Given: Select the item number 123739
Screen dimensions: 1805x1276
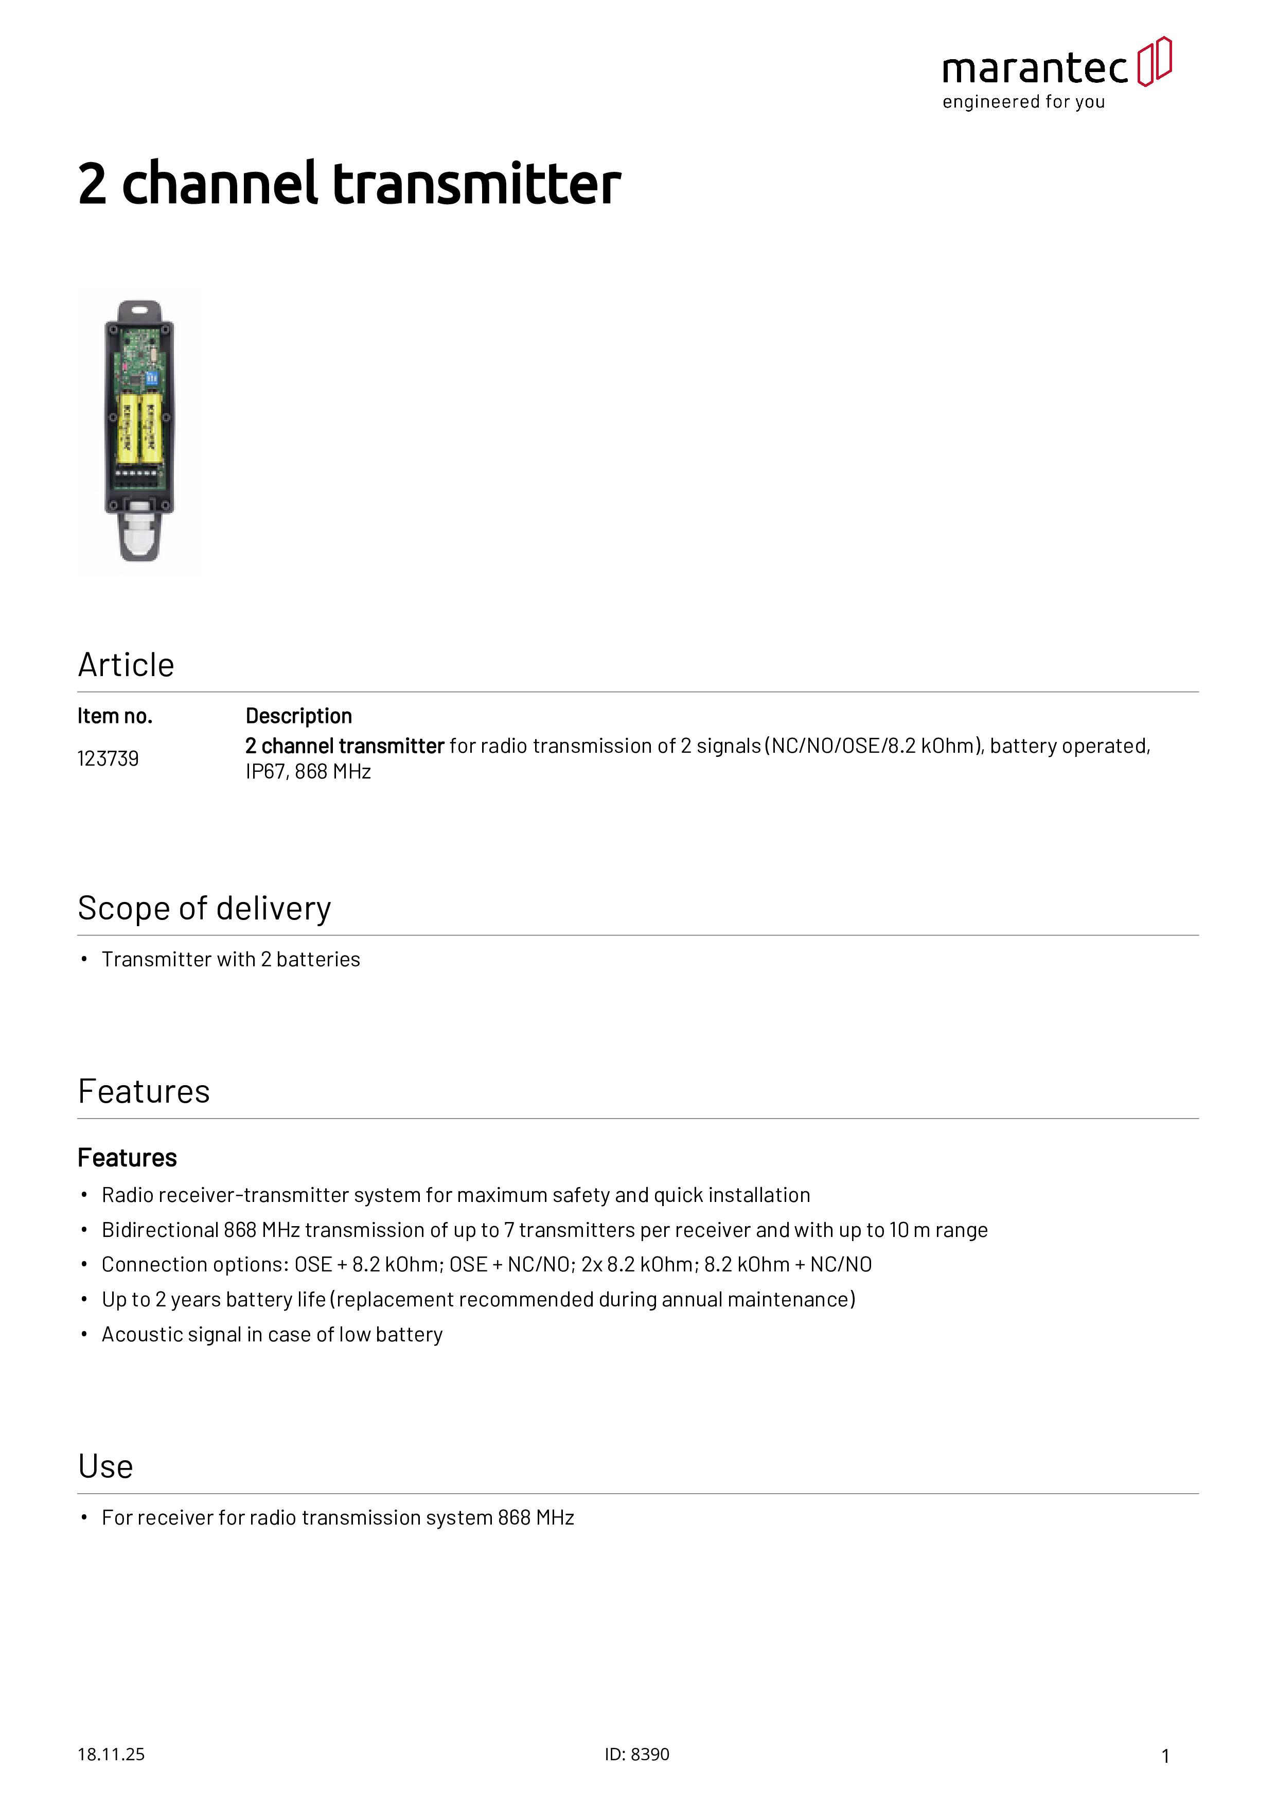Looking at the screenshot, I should pos(108,758).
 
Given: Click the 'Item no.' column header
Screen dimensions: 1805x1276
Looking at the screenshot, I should pos(115,716).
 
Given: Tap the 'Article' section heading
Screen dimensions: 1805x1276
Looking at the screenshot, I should pos(126,665).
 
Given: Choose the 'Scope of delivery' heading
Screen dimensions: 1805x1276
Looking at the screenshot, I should pos(204,909).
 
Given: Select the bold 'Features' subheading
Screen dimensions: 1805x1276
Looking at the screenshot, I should pos(128,1158).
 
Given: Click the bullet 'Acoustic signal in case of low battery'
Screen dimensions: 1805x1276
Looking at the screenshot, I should pos(272,1335).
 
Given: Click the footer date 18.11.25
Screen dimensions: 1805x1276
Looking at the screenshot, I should pos(111,1755).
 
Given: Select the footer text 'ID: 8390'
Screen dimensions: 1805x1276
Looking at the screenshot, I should pos(637,1755).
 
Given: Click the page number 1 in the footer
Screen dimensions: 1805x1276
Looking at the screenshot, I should pos(1165,1756).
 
